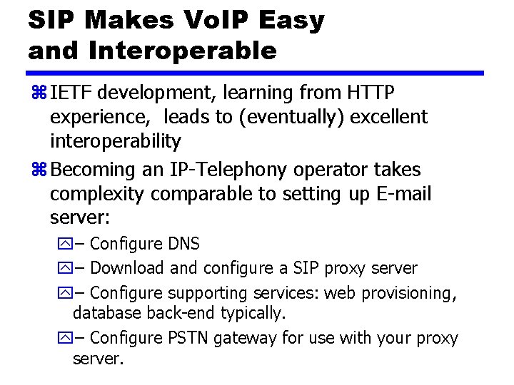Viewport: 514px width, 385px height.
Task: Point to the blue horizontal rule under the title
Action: click(x=256, y=73)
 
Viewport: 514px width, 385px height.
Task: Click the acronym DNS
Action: click(x=183, y=244)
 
